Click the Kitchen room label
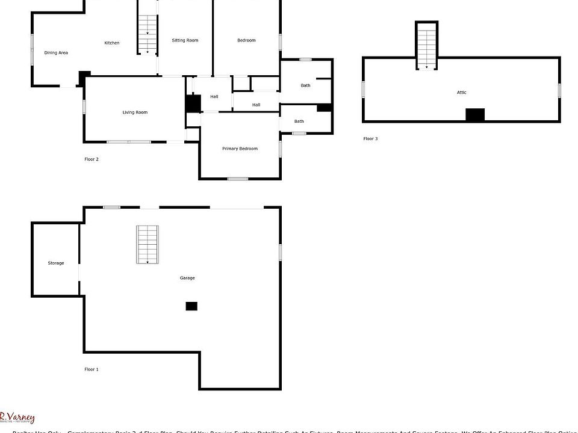point(112,43)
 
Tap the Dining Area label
point(56,53)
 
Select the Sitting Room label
point(185,40)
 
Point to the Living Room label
point(135,112)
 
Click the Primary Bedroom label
point(240,149)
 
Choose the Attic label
point(462,93)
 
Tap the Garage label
point(187,278)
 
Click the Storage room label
point(56,263)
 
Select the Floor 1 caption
point(92,369)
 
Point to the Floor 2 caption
point(92,159)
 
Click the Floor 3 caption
point(370,139)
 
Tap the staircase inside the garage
point(148,245)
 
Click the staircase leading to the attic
point(426,46)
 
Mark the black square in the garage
point(191,306)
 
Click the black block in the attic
point(475,115)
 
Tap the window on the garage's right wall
point(281,252)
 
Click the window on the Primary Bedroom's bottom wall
point(238,179)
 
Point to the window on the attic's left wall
point(363,89)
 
